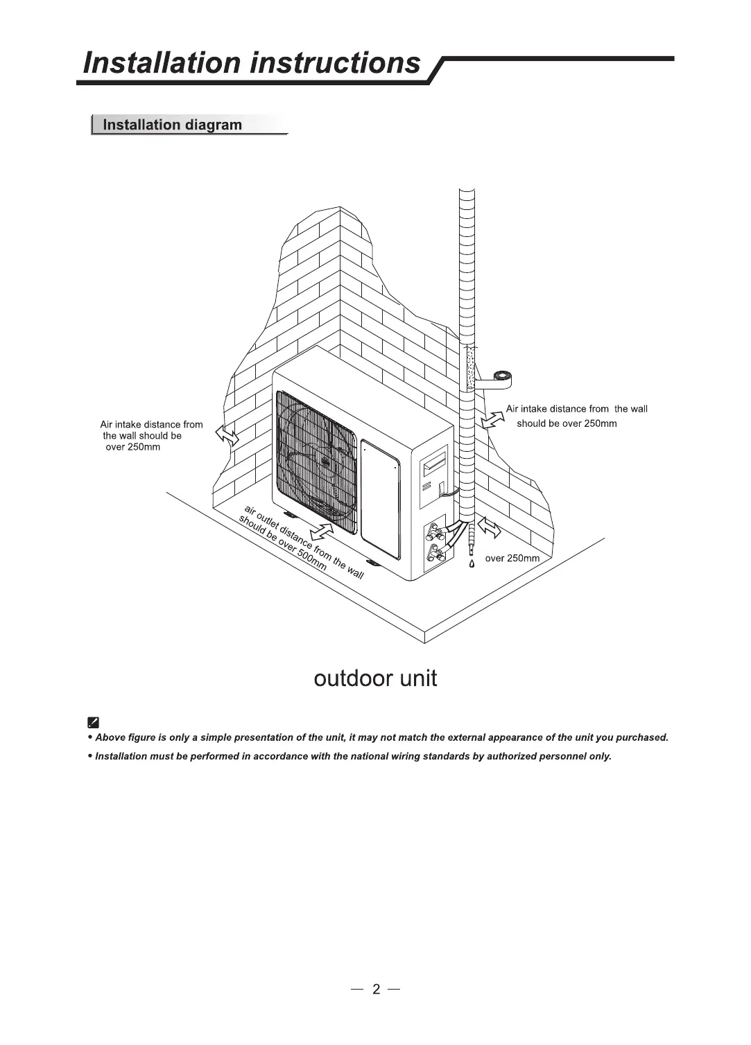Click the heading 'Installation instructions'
(251, 63)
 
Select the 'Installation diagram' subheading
(172, 125)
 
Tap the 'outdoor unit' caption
(375, 678)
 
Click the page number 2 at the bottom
(376, 989)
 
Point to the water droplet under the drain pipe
(472, 563)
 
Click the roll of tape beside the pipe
(498, 378)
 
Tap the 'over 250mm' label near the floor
(512, 559)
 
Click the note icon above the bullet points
(94, 721)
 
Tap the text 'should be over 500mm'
(282, 543)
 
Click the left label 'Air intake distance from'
(151, 424)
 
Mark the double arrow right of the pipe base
(488, 527)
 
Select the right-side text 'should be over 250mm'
(566, 423)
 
